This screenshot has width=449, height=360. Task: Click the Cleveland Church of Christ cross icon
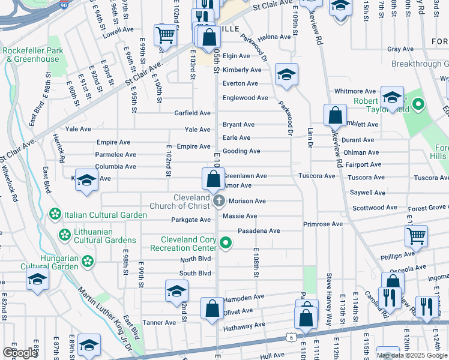(x=219, y=200)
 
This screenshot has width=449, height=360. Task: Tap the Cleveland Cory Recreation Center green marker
(x=226, y=243)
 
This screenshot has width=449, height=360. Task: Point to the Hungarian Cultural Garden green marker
(x=88, y=261)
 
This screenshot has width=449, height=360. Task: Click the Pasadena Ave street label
(x=259, y=230)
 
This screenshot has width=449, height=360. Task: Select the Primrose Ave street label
(x=322, y=224)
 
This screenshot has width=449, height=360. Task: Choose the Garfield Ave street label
(x=192, y=113)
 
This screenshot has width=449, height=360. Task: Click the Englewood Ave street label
(x=245, y=98)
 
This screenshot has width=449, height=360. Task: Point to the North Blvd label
(x=196, y=260)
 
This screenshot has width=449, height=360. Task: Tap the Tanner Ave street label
(x=158, y=322)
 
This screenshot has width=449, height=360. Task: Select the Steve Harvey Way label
(x=329, y=291)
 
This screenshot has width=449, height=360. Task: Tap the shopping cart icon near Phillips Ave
(x=415, y=236)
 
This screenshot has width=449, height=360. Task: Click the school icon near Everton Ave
(x=287, y=75)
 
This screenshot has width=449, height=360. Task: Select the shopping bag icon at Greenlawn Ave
(x=212, y=178)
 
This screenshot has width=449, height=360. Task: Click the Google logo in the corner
(x=20, y=353)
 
